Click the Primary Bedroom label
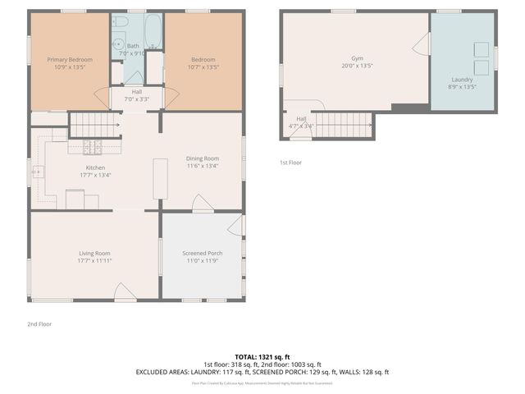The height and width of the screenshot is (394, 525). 69,60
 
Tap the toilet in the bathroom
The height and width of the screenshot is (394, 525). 120,22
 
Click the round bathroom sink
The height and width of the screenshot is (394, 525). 117,45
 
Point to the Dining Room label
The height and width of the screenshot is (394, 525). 202,158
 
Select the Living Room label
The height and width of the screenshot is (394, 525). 95,254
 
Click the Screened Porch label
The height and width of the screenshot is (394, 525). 202,254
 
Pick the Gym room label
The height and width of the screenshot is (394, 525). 356,59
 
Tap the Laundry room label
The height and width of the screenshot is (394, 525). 462,80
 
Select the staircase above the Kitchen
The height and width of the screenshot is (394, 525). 95,125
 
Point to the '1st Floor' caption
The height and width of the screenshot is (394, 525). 290,163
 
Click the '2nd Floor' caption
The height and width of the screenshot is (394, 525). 39,324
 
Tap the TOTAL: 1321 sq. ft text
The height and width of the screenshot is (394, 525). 262,355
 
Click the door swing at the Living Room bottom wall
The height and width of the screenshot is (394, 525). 124,291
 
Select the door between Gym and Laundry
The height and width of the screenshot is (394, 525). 422,44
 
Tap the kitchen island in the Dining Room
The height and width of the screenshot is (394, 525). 160,178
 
